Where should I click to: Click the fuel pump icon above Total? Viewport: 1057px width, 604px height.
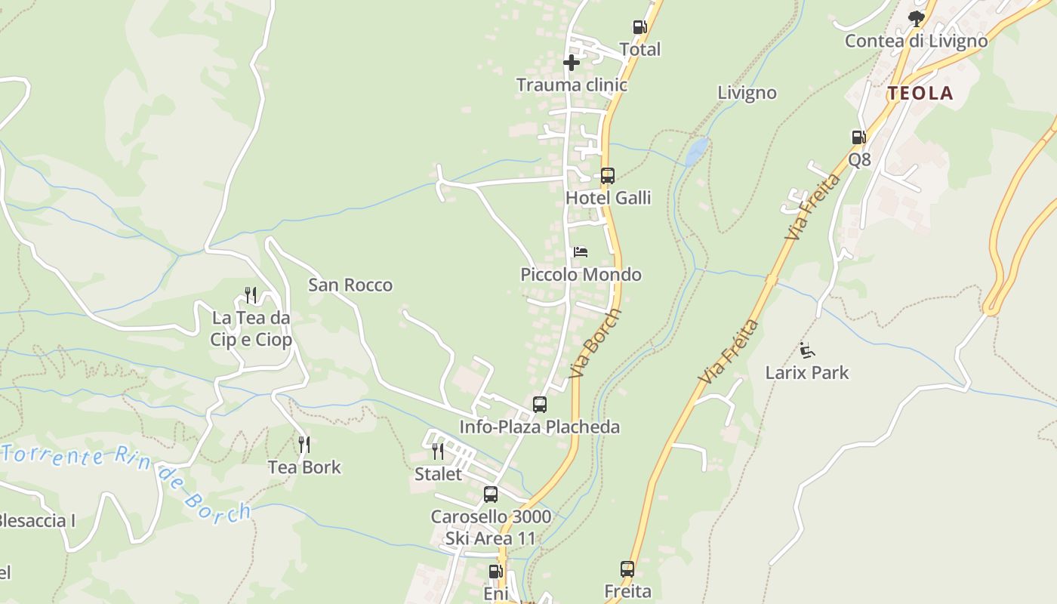coord(639,28)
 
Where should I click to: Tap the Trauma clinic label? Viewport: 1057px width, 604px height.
coord(572,85)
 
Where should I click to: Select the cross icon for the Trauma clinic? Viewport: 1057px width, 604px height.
coord(572,63)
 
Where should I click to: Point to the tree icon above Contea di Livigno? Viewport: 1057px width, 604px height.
coord(917,18)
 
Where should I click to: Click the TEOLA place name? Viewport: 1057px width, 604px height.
coord(920,94)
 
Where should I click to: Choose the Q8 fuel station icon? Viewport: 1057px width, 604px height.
coord(858,137)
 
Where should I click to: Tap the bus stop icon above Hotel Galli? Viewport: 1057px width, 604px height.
coord(608,176)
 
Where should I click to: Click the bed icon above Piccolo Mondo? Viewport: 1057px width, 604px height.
coord(581,252)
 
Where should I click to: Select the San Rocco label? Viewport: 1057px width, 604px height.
coord(350,285)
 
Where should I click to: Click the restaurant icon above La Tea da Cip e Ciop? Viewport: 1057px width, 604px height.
coord(251,295)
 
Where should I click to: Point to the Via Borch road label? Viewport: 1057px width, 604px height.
coord(596,344)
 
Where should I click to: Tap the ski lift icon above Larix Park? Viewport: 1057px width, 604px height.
coord(807,350)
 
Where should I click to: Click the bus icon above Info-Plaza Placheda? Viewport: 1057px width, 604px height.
coord(540,405)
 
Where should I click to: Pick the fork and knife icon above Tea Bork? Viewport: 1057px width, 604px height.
coord(304,445)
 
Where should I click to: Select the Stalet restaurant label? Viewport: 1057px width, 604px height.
coord(438,474)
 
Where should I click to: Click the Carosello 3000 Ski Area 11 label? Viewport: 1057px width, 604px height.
coord(491,528)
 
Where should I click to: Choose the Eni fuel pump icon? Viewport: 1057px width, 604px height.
coord(495,572)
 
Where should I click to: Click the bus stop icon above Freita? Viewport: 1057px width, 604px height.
coord(627,569)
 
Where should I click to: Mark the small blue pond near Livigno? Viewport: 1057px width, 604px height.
coord(697,151)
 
